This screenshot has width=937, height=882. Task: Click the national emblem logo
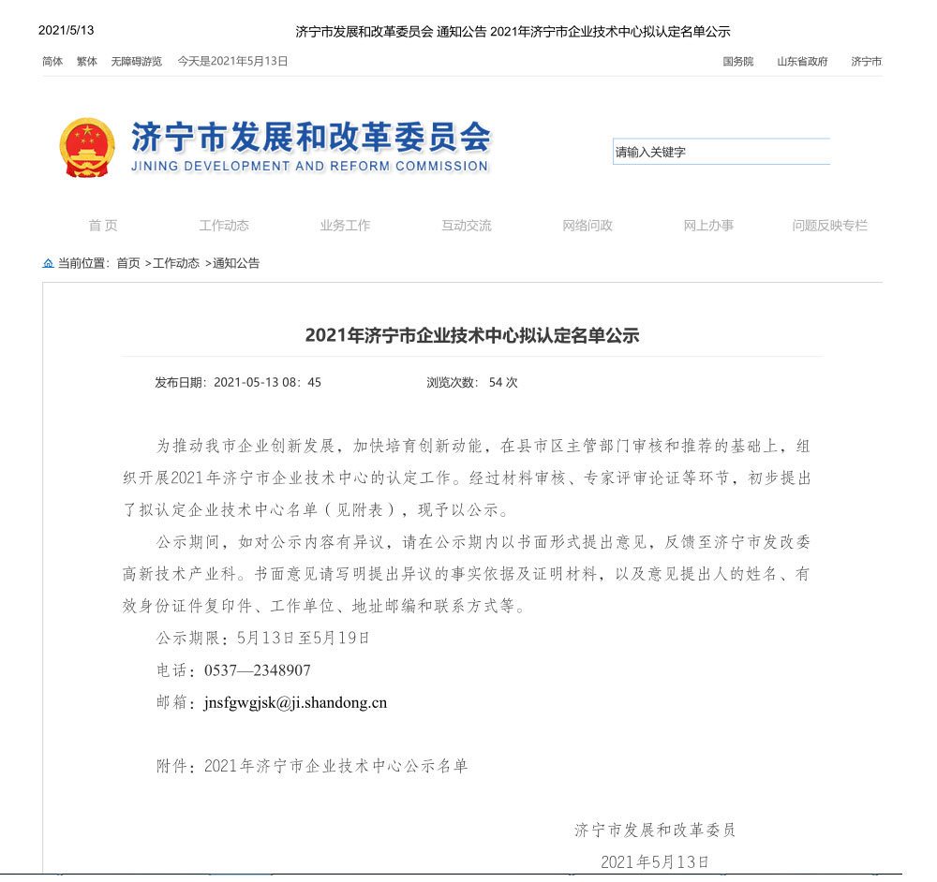click(x=87, y=148)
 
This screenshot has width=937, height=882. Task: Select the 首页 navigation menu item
click(x=103, y=226)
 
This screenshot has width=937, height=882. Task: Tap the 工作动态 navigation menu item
click(x=224, y=226)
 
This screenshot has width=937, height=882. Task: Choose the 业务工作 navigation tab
click(x=345, y=226)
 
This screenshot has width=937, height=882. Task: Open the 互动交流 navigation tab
click(x=467, y=226)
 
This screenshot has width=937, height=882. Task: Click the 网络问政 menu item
click(x=587, y=226)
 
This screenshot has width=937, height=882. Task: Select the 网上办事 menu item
click(x=708, y=226)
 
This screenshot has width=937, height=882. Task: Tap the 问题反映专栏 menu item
click(x=829, y=226)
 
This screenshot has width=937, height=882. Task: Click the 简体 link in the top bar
click(x=52, y=62)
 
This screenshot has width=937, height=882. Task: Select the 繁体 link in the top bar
click(x=87, y=62)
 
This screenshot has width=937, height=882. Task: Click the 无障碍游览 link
click(x=136, y=62)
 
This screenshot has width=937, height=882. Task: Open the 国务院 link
click(x=737, y=62)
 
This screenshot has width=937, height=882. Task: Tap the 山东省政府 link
click(x=802, y=62)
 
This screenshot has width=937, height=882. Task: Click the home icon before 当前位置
click(x=48, y=263)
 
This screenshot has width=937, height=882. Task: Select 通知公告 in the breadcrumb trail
click(x=236, y=263)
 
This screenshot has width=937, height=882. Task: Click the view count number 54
click(x=496, y=382)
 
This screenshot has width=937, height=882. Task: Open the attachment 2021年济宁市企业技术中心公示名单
click(x=335, y=766)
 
